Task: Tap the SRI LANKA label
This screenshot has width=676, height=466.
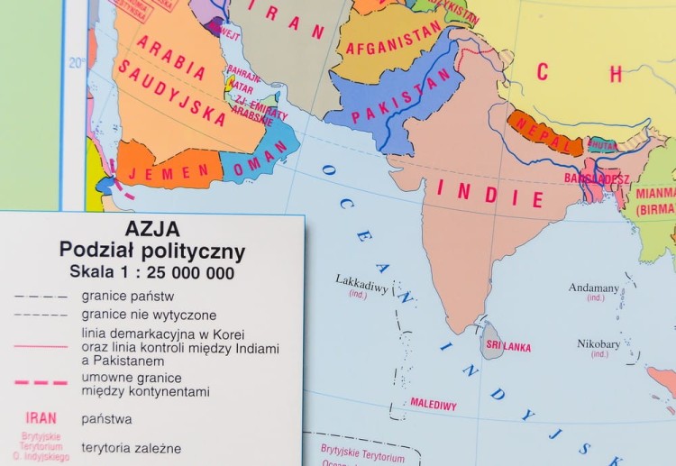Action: pyautogui.click(x=508, y=346)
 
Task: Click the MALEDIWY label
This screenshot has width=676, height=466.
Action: pyautogui.click(x=434, y=404)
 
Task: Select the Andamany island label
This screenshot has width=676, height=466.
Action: pyautogui.click(x=594, y=288)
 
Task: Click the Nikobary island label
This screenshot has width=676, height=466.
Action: pyautogui.click(x=598, y=343)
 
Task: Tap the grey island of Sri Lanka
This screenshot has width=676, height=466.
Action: pyautogui.click(x=490, y=341)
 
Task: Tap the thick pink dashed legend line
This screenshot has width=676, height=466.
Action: pyautogui.click(x=41, y=382)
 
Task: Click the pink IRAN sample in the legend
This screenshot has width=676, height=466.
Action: pyautogui.click(x=41, y=417)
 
